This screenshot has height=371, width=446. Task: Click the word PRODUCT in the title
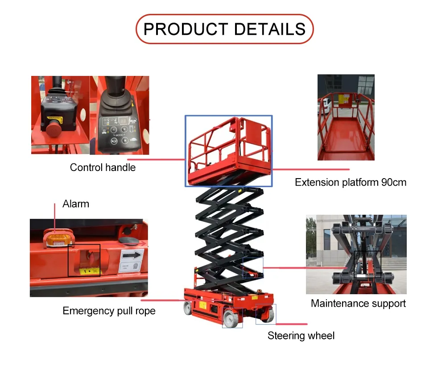coord(186,29)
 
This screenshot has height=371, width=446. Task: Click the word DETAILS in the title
coord(270,29)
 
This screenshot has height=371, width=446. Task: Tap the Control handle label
coord(103,167)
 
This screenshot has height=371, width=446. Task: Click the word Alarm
coord(76,204)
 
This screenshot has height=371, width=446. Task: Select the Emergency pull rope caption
coord(109,311)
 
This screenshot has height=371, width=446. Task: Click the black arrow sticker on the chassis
coord(132,256)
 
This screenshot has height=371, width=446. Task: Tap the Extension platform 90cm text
coord(351,182)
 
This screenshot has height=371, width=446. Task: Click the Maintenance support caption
coord(358,304)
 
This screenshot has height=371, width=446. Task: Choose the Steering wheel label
coord(301,336)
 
